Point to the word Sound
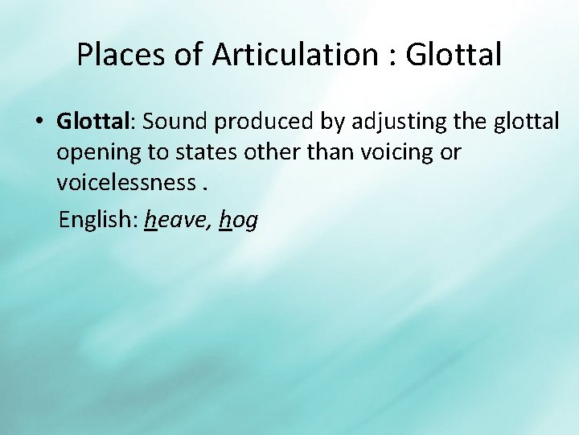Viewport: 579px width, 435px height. pyautogui.click(x=176, y=121)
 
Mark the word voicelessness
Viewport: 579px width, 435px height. pyautogui.click(x=125, y=184)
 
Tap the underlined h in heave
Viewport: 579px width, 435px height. pyautogui.click(x=150, y=220)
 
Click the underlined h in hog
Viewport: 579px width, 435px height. pyautogui.click(x=224, y=220)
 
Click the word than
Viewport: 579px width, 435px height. pyautogui.click(x=332, y=152)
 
